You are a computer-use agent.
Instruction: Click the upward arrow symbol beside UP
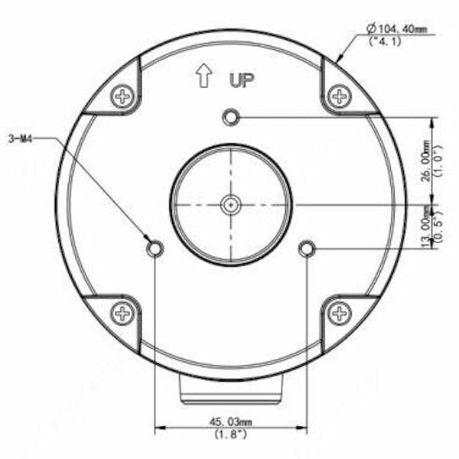[x=203, y=76]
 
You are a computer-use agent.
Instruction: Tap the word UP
[x=242, y=80]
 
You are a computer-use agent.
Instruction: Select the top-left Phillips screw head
[x=123, y=96]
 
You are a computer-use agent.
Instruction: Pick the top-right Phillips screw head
[x=339, y=96]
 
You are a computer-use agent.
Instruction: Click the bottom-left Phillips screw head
[x=123, y=313]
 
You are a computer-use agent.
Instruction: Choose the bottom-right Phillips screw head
[x=339, y=313]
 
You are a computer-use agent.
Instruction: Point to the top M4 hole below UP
[x=231, y=117]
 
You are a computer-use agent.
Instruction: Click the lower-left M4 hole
[x=155, y=249]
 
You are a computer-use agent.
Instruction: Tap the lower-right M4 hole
[x=307, y=249]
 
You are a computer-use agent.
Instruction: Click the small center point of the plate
[x=231, y=205]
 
